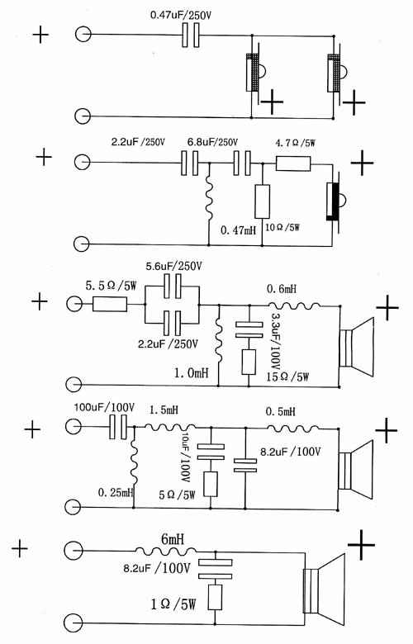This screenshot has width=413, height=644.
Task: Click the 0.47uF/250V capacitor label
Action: [183, 16]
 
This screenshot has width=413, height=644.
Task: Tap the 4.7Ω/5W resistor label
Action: [295, 144]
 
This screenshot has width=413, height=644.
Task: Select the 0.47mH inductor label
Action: [239, 230]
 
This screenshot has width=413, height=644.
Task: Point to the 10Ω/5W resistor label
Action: [283, 227]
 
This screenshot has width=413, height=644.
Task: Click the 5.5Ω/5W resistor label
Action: [111, 286]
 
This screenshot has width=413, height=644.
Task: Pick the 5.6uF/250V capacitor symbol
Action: [172, 286]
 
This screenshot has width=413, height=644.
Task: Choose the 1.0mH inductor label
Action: [191, 373]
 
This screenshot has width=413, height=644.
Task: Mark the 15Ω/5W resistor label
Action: [287, 376]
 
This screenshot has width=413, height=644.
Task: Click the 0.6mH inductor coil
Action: [294, 305]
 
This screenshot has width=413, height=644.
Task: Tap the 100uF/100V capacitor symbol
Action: [118, 427]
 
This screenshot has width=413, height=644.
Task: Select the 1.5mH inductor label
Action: [164, 410]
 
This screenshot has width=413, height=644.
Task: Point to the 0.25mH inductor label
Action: [116, 492]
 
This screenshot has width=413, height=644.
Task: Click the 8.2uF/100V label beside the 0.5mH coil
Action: [290, 452]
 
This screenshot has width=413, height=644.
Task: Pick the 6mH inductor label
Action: [173, 539]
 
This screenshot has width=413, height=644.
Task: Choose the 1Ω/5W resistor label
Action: [173, 604]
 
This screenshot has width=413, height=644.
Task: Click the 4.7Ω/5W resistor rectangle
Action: [293, 163]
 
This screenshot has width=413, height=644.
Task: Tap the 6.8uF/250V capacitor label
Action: [212, 143]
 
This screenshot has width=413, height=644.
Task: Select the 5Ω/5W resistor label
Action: [177, 495]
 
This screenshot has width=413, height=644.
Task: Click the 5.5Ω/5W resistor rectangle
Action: [110, 305]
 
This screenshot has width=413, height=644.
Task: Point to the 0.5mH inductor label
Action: [280, 411]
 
